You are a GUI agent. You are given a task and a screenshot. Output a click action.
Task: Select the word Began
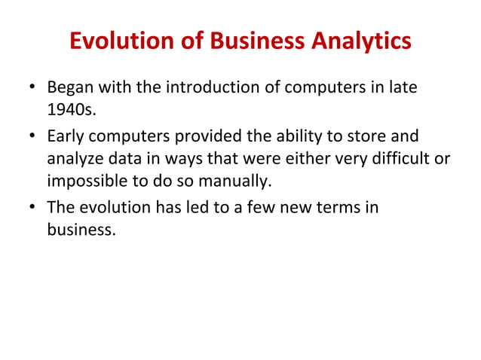point(69,89)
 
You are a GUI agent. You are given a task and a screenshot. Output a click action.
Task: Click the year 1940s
point(71,112)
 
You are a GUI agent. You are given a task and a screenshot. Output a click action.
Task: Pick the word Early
point(65,137)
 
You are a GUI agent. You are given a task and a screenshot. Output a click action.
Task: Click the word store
point(366,137)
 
